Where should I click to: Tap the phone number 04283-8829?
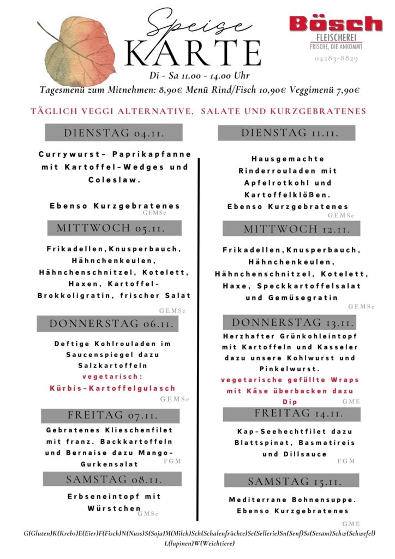point(336,58)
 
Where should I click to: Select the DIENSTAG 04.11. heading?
point(113,133)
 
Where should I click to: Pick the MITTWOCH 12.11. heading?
point(291,228)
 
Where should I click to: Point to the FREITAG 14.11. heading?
point(291,413)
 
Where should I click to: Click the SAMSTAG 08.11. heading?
point(112,479)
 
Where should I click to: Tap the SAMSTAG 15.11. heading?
point(291,481)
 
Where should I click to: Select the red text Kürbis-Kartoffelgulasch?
point(113,388)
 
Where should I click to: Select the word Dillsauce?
point(305,454)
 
